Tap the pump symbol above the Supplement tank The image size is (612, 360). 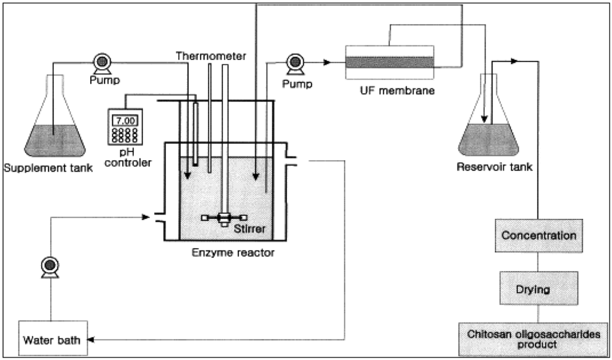click(102, 61)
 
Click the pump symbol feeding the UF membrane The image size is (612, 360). click(294, 62)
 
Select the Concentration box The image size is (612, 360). click(538, 235)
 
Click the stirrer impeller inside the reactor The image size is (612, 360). click(224, 219)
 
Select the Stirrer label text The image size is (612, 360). click(249, 228)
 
